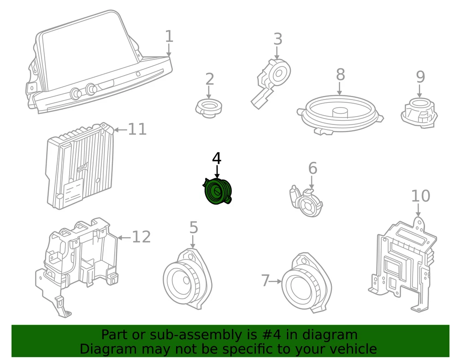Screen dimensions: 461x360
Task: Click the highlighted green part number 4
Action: [217, 191]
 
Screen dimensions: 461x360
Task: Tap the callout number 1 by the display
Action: [169, 36]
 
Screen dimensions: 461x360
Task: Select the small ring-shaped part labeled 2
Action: [209, 108]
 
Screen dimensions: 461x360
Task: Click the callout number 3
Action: [278, 39]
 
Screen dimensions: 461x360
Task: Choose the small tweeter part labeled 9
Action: [419, 113]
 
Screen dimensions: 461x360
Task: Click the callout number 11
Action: [137, 129]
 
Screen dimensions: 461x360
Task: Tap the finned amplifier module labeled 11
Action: [80, 166]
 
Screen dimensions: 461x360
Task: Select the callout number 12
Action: [142, 236]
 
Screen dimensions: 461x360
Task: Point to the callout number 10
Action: [420, 196]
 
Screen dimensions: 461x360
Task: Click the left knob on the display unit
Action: [76, 93]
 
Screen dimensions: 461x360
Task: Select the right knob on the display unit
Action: [91, 89]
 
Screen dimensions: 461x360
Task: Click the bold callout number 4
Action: [217, 159]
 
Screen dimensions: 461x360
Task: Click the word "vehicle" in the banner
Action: [354, 349]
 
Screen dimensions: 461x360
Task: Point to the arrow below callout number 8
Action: [340, 89]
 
